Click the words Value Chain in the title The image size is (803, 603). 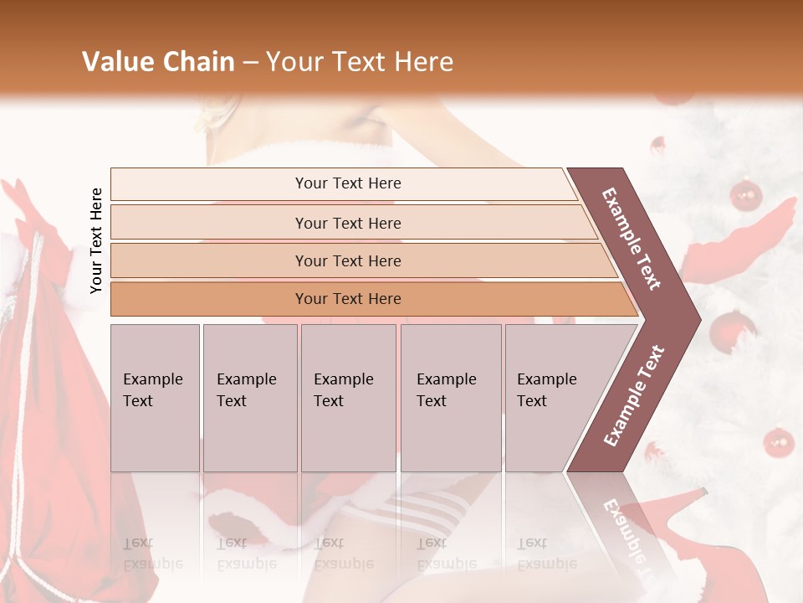158,62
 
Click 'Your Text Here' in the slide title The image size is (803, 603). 360,62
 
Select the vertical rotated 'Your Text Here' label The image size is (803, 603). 96,241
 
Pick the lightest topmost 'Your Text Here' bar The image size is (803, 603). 348,183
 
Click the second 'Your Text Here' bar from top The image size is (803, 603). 348,223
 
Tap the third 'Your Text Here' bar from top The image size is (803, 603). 348,260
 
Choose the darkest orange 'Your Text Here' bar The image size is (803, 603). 348,299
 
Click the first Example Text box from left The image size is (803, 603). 155,397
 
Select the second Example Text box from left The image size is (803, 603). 249,397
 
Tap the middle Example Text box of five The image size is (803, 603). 347,397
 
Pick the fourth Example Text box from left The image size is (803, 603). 450,397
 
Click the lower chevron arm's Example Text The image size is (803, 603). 634,395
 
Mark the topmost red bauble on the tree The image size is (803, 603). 745,195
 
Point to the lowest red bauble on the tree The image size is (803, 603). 779,441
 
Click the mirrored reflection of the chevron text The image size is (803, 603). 623,532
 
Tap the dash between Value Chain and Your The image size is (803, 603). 250,63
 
